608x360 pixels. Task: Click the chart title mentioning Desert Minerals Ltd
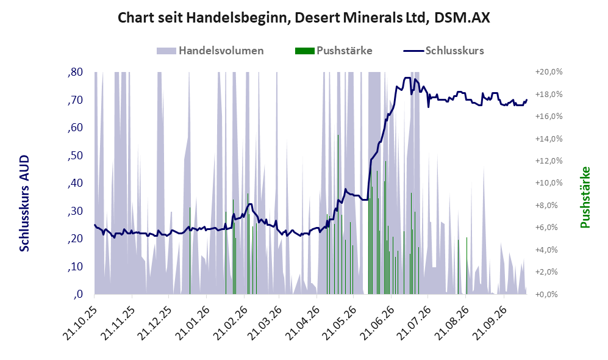coord(304,18)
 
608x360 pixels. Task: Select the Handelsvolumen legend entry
coord(210,51)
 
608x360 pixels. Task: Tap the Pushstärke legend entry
coord(334,51)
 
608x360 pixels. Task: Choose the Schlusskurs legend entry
coord(443,51)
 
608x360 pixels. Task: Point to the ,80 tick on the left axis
coord(75,72)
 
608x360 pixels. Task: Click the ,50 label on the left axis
coord(75,156)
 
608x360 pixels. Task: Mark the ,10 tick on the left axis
coord(75,267)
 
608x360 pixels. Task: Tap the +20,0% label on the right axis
coord(549,72)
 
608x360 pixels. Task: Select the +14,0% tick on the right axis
coord(549,139)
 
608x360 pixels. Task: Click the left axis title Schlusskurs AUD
coord(24,203)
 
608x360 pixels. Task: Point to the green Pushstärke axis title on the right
coord(585,197)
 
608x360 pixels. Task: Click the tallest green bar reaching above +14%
coord(338,214)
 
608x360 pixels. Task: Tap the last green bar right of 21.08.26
coord(467,266)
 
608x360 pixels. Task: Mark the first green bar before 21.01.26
coord(190,251)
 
